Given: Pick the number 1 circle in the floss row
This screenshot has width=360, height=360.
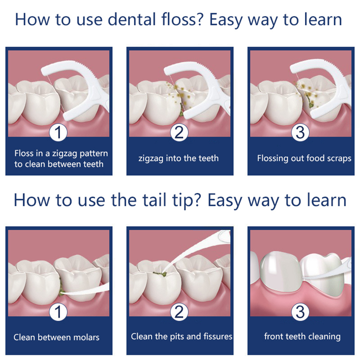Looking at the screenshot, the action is [58, 133].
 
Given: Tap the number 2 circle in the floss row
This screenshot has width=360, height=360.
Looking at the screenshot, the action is [179, 133].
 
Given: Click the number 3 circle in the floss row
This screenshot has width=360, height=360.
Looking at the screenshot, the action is [300, 133].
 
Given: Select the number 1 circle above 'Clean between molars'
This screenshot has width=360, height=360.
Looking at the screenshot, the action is [58, 312].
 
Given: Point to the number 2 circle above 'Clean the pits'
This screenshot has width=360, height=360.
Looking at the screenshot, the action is [179, 312].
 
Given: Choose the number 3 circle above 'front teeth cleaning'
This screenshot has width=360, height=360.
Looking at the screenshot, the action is [300, 312].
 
